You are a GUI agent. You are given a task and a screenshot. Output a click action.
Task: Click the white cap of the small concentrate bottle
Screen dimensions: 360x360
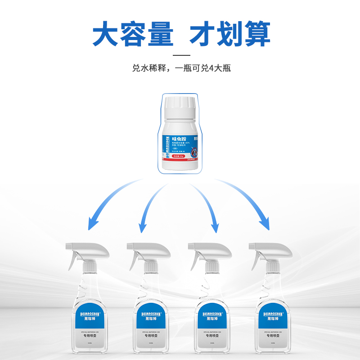coord(180,108)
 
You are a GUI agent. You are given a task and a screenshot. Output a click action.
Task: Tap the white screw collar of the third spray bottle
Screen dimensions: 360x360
coord(210,267)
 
